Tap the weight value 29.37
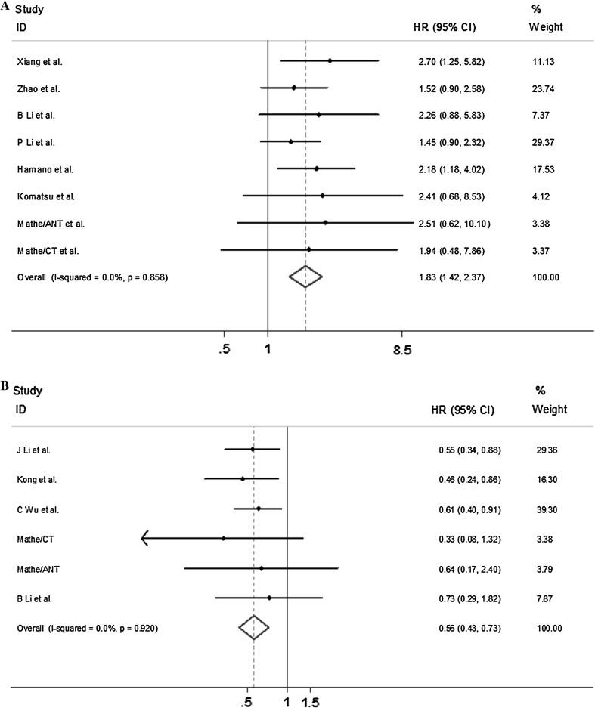click(x=543, y=142)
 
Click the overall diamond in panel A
click(x=305, y=277)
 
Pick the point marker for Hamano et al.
click(x=316, y=169)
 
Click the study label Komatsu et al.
click(x=45, y=196)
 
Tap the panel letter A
click(x=5, y=6)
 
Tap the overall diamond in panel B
click(x=253, y=628)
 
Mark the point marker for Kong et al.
click(x=242, y=479)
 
